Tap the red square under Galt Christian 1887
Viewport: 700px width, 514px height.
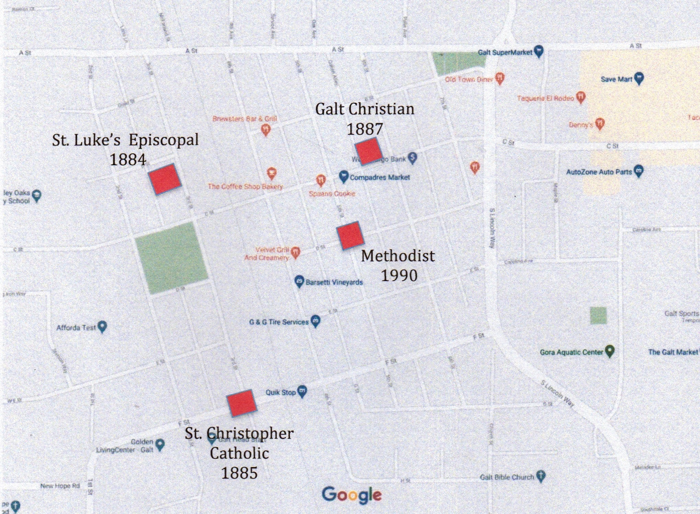point(368,151)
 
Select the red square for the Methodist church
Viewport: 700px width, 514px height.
point(350,235)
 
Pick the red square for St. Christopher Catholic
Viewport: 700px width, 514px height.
point(241,403)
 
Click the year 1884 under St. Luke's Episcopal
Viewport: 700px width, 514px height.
point(128,160)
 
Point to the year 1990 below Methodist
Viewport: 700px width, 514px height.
point(399,276)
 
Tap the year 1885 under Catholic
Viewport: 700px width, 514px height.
point(239,473)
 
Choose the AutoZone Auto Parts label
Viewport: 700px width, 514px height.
point(599,172)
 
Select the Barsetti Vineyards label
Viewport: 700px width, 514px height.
point(334,282)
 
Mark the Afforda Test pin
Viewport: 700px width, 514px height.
point(102,326)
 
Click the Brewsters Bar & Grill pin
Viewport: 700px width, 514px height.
point(266,129)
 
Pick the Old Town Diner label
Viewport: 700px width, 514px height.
point(469,80)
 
